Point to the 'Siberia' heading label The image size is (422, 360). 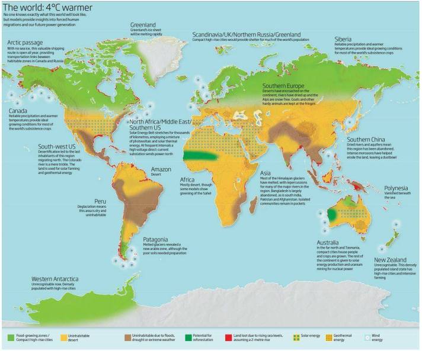click(344, 39)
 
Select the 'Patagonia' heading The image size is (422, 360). click(157, 240)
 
